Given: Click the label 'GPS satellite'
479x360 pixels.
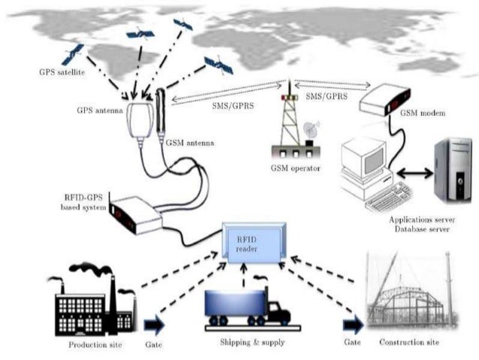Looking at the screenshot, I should [x=65, y=73].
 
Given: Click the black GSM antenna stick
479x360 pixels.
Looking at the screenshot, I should [x=161, y=112].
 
